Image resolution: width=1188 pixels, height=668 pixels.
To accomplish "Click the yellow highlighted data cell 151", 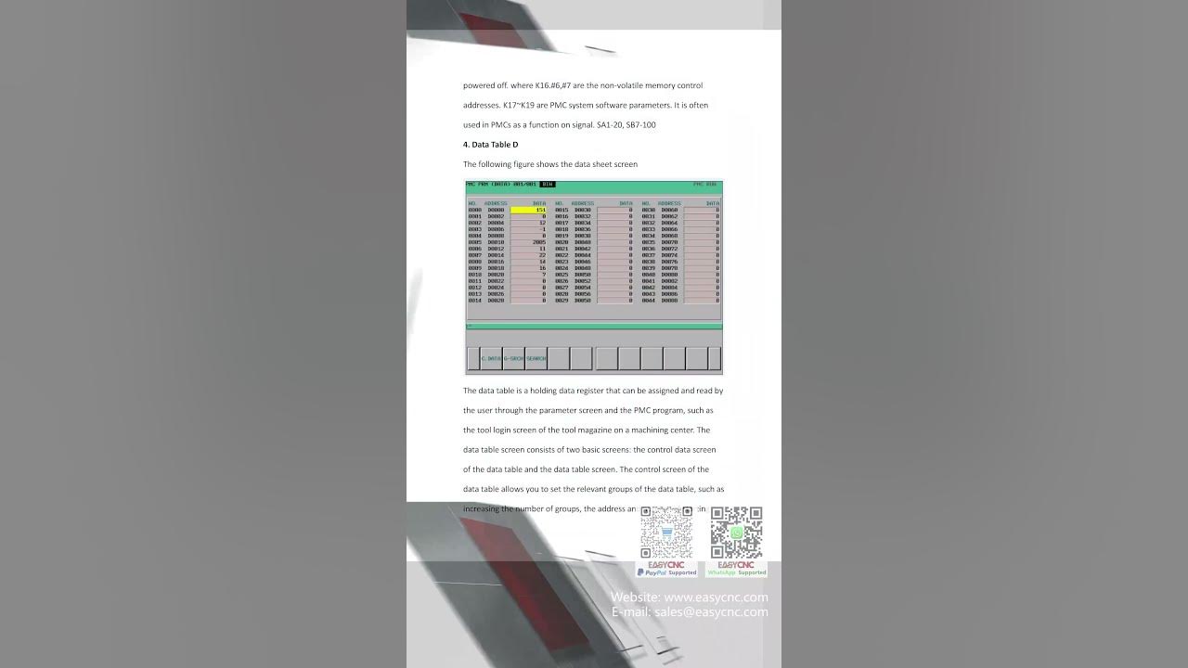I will (529, 210).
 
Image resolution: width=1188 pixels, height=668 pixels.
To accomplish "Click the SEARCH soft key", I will (536, 358).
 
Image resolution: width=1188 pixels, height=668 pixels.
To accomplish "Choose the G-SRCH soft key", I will (514, 358).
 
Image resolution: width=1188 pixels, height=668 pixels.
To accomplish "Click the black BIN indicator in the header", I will (548, 184).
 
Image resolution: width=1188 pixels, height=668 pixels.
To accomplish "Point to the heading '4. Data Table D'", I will (490, 145).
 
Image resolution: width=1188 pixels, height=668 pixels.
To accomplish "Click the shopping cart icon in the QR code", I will (666, 533).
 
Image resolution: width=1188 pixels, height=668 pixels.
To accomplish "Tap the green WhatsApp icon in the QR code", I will (737, 533).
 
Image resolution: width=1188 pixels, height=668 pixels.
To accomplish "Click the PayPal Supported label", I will (666, 572).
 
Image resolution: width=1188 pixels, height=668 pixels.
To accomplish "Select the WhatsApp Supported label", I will (737, 572).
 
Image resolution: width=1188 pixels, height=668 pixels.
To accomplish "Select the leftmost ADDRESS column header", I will (496, 203).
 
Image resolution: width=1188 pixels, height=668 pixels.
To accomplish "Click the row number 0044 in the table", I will (648, 301).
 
